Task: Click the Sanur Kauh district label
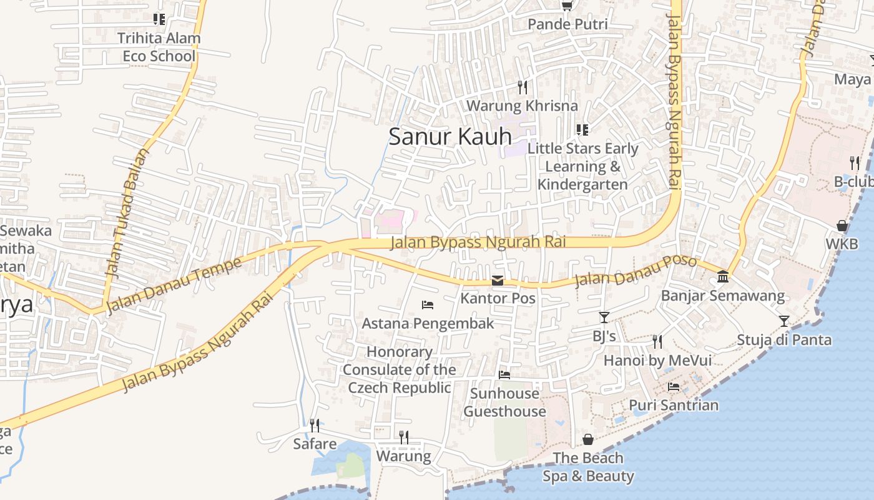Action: [x=449, y=136]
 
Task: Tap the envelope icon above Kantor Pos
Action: [x=498, y=281]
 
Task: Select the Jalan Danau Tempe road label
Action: [x=174, y=285]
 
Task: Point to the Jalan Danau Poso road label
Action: [x=635, y=270]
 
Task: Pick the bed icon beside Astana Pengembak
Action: [x=428, y=305]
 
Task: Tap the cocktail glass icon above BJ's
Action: [x=604, y=317]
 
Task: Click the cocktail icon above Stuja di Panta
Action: [x=784, y=321]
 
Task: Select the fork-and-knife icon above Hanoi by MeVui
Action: [x=657, y=342]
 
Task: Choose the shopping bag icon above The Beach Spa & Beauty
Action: [x=587, y=439]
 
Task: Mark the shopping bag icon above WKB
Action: [x=842, y=226]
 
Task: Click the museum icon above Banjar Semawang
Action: [x=723, y=276]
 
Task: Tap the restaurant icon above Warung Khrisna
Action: [x=523, y=87]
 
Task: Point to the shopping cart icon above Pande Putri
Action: [x=567, y=6]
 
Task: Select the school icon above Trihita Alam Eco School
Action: [x=159, y=19]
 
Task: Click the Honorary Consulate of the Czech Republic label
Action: [x=400, y=370]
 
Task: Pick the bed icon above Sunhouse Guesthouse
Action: [x=504, y=375]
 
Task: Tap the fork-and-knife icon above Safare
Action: [x=315, y=426]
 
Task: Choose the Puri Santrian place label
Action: [x=674, y=405]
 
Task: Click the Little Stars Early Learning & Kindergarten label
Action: [x=582, y=166]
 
